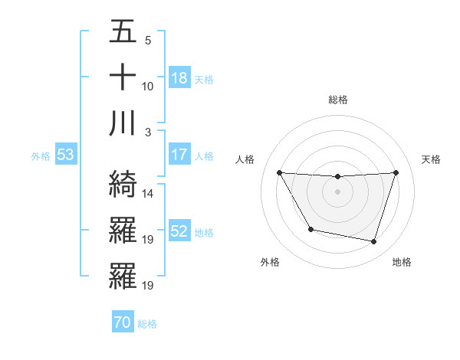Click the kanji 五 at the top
pos(123,31)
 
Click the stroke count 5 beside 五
pos(147,41)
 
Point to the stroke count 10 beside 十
pos(147,87)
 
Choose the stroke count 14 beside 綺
pos(147,194)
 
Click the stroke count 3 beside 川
pos(147,133)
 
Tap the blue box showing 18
pos(179,78)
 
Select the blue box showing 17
pos(179,155)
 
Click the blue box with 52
pos(179,231)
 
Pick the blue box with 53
pos(65,155)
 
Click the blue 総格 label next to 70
pos(147,324)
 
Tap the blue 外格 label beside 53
pos(41,156)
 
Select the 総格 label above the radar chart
pos(337,100)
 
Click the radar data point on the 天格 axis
pos(396,172)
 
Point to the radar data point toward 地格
pos(374,242)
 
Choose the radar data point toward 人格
pos(279,172)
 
